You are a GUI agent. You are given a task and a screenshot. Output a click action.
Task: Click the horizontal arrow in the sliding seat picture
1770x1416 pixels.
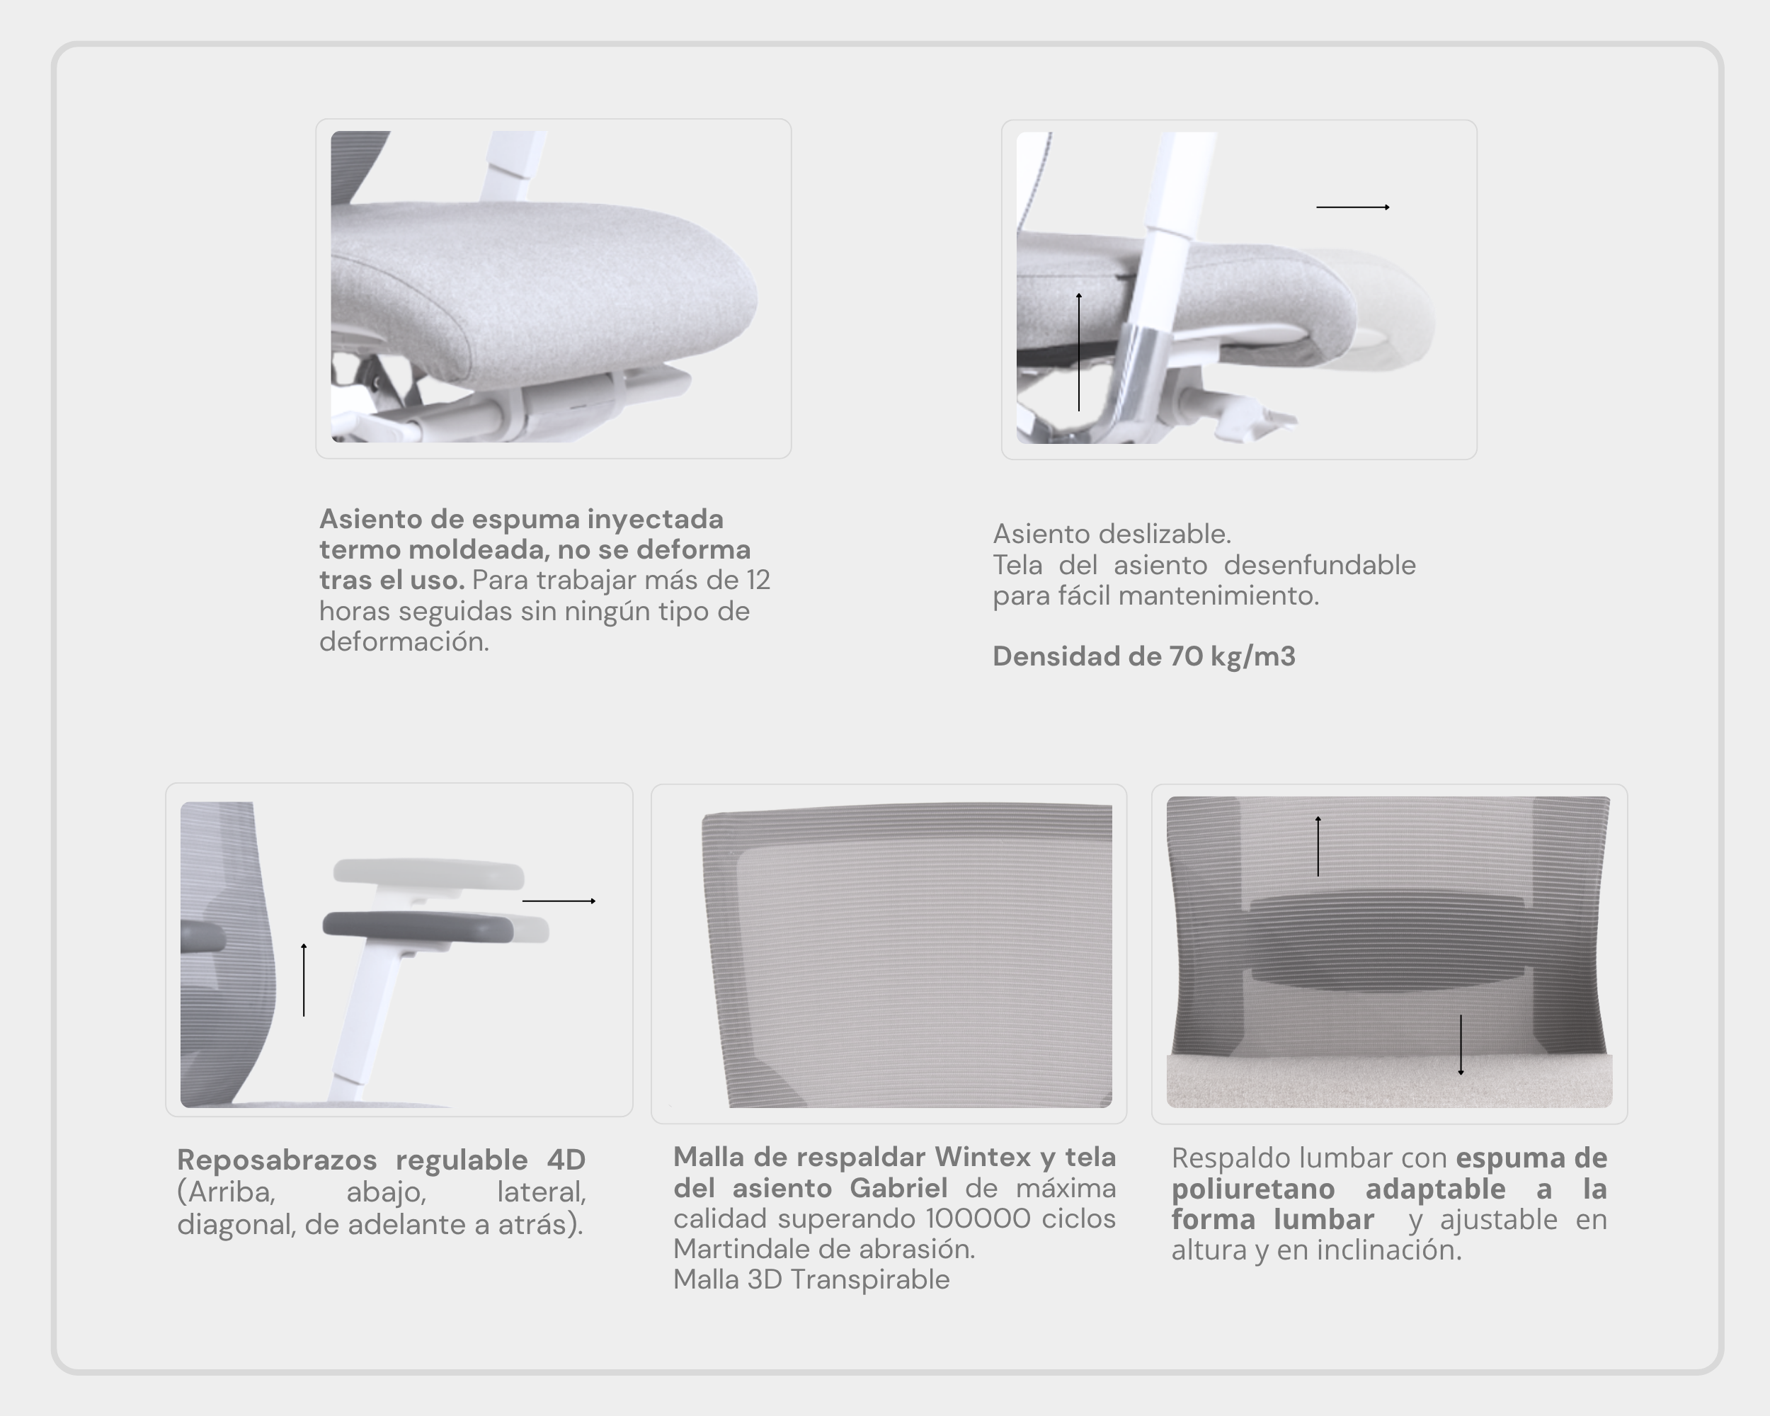[1353, 207]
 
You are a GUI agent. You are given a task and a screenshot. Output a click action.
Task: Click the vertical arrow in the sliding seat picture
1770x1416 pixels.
[1079, 351]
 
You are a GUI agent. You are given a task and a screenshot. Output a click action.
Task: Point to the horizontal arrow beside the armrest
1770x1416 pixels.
[559, 901]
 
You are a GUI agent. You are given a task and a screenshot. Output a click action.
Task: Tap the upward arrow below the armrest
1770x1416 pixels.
[304, 980]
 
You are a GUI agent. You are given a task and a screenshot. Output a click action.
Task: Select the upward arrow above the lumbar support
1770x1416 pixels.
[1318, 846]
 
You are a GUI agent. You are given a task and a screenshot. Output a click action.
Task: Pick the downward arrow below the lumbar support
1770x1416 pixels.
[1461, 1045]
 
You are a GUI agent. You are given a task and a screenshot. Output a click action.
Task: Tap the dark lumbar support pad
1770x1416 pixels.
[1388, 942]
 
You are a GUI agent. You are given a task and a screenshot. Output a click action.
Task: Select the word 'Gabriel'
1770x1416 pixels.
[898, 1188]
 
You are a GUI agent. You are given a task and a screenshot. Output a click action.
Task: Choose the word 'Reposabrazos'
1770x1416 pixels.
[277, 1160]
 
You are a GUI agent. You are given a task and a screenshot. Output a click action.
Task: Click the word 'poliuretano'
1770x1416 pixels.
[1252, 1189]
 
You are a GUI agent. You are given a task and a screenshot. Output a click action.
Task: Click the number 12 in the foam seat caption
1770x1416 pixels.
[758, 581]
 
